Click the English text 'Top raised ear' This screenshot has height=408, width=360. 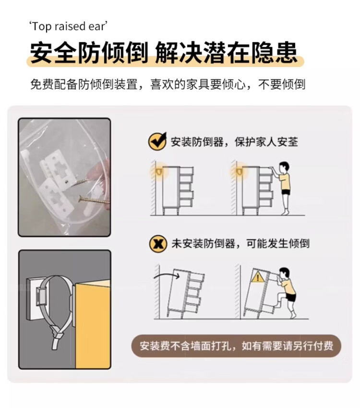click(x=69, y=26)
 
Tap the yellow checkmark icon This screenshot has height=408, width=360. click(x=157, y=141)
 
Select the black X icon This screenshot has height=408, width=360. click(x=158, y=244)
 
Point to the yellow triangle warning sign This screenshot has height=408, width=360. click(x=257, y=277)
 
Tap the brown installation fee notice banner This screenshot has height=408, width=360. click(x=236, y=346)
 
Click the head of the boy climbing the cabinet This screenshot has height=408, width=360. click(x=285, y=274)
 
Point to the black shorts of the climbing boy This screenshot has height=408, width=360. click(x=290, y=297)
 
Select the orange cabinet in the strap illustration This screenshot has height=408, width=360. click(x=93, y=324)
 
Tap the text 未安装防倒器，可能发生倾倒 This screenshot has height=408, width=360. click(x=240, y=244)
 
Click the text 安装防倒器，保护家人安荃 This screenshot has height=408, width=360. click(x=234, y=142)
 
